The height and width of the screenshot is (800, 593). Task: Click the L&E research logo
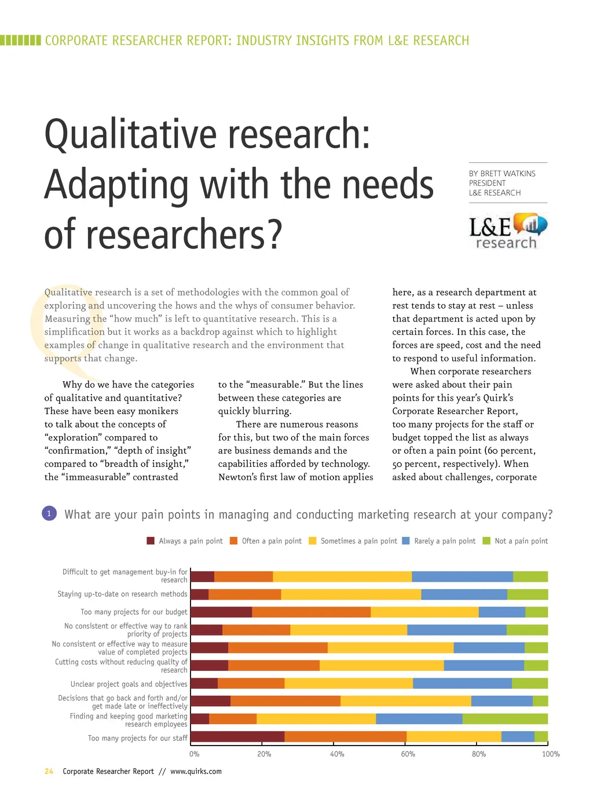click(x=508, y=232)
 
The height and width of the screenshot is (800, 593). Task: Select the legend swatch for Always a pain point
click(x=151, y=541)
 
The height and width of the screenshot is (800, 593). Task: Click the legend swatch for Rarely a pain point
click(x=406, y=541)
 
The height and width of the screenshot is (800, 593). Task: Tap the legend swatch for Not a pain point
click(x=486, y=541)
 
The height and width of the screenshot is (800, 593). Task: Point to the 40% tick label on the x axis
click(x=337, y=754)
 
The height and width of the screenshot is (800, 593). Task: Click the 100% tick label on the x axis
click(x=551, y=754)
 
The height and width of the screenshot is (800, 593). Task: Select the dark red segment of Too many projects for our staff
click(x=237, y=737)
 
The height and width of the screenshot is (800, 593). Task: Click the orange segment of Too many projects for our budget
click(x=312, y=612)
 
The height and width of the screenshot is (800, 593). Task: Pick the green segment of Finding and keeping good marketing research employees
click(x=505, y=719)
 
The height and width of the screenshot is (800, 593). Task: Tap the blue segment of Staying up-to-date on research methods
click(x=464, y=594)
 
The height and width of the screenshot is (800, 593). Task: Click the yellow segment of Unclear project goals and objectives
click(x=349, y=684)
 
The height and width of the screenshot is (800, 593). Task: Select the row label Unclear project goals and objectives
click(x=129, y=684)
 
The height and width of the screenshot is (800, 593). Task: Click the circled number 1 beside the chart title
click(x=49, y=513)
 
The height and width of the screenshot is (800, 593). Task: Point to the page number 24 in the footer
click(x=49, y=772)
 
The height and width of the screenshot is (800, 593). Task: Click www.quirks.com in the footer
click(x=196, y=772)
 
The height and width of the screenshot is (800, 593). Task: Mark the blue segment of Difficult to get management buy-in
click(x=462, y=576)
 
